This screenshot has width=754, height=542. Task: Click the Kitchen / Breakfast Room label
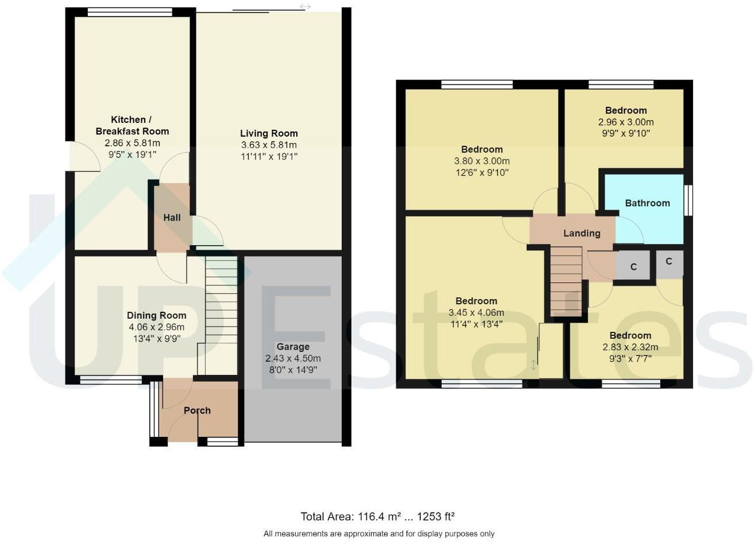click(132, 125)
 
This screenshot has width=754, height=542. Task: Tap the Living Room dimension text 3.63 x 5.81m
click(269, 145)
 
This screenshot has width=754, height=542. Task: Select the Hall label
click(172, 218)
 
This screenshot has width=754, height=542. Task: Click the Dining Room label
click(156, 315)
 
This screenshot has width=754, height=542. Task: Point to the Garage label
click(293, 347)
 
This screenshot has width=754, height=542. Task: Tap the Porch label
click(197, 411)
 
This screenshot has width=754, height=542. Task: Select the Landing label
click(582, 233)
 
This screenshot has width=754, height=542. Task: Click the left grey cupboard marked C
click(633, 266)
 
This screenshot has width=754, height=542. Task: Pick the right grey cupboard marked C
click(669, 262)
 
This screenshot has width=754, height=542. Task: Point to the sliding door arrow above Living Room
click(306, 7)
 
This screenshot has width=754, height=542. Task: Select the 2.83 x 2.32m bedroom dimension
click(630, 347)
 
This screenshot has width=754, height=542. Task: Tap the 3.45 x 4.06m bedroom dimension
click(476, 313)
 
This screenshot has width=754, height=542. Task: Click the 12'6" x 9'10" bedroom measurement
click(482, 172)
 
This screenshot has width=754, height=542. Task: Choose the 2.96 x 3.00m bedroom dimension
click(626, 122)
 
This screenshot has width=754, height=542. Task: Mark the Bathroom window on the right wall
click(689, 200)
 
